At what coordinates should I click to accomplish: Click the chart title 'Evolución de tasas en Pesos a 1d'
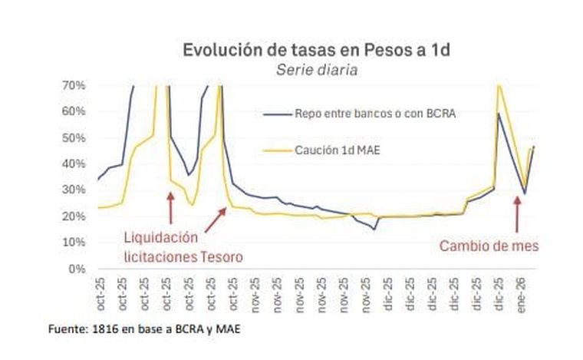pyautogui.click(x=316, y=51)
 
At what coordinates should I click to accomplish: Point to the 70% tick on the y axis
pyautogui.click(x=73, y=85)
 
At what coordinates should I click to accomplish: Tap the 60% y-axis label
pyautogui.click(x=73, y=111)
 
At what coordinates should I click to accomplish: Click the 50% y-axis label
pyautogui.click(x=73, y=137)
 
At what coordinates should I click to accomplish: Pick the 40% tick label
pyautogui.click(x=73, y=163)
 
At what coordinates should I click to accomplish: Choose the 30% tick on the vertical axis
pyautogui.click(x=73, y=190)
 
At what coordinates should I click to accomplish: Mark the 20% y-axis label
pyautogui.click(x=73, y=216)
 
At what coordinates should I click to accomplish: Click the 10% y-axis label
pyautogui.click(x=73, y=243)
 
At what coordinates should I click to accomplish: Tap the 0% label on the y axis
pyautogui.click(x=76, y=269)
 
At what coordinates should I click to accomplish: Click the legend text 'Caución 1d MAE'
pyautogui.click(x=337, y=150)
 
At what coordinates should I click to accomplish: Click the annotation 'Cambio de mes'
pyautogui.click(x=489, y=246)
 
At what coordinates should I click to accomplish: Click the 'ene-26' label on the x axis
pyautogui.click(x=521, y=292)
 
